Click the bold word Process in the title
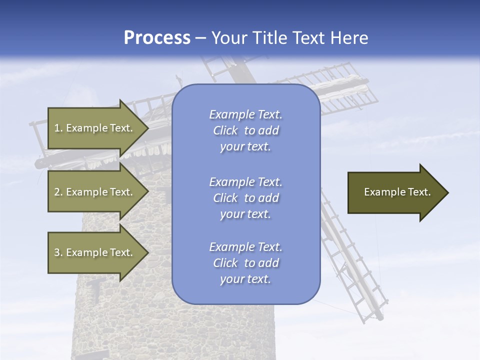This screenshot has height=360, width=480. coord(157,38)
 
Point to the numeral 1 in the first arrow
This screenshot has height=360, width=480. coord(56,128)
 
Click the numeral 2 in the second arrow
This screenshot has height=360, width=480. coord(57,192)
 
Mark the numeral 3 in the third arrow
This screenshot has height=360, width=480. coord(57,252)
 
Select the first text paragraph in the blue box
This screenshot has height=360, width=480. coord(245,130)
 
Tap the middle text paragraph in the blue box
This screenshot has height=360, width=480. coord(245,198)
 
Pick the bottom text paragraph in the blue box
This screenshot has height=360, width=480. coord(245,263)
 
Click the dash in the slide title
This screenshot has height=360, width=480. coord(201,38)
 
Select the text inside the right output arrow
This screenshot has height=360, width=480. coord(397,192)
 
